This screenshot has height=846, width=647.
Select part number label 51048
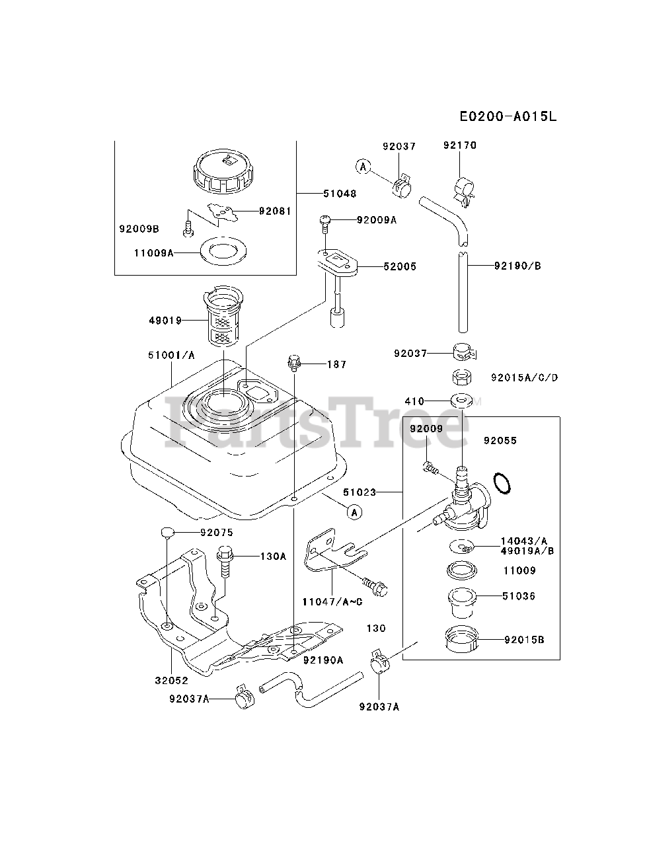point(340,194)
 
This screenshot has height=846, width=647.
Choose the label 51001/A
point(171,356)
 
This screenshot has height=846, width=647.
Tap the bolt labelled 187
point(294,363)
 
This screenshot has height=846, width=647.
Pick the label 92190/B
point(517,266)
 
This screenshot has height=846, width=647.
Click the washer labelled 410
point(461,401)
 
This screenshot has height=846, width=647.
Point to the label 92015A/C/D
point(525,378)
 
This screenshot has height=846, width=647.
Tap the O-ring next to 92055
point(502,483)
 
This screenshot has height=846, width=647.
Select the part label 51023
point(360,492)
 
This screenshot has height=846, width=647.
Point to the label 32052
point(172,680)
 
